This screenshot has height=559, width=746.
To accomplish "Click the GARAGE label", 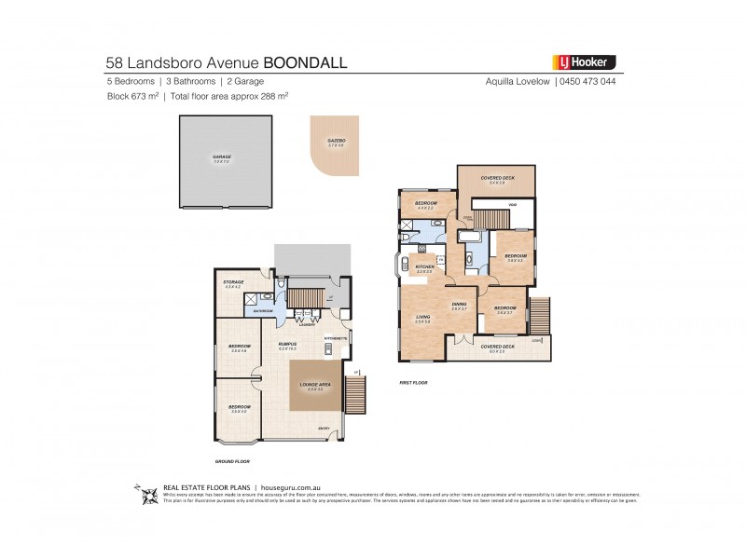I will click(x=221, y=157).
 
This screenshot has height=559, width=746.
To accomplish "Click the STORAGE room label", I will click(x=233, y=282).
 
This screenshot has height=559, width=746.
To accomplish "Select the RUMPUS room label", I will click(x=287, y=345).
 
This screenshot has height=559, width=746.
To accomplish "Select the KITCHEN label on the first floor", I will click(x=425, y=266).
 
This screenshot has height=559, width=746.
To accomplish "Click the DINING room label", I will click(x=459, y=305).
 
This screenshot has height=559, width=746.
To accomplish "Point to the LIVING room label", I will click(x=422, y=318).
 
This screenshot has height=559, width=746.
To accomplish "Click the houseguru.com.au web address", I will click(x=294, y=487).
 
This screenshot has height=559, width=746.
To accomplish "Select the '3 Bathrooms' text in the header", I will click(x=186, y=82).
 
